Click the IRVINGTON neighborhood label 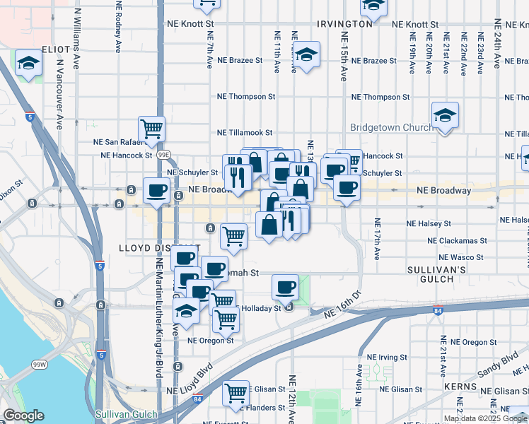pos(344,23)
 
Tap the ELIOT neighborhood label pos(56,50)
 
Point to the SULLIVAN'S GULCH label pos(436,275)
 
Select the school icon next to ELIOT pos(28,64)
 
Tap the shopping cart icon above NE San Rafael pos(151,129)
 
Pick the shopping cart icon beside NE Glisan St pos(236,393)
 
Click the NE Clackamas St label pos(458,240)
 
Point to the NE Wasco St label pos(458,257)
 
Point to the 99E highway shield pos(163,154)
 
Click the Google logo pos(23,416)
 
